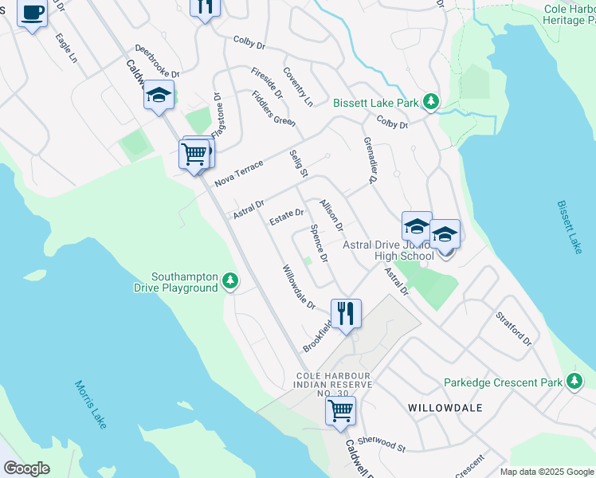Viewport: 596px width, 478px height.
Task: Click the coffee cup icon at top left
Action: tap(32, 14)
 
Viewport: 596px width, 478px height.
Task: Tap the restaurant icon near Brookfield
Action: tap(346, 312)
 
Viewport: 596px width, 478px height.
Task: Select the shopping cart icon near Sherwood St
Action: tap(340, 410)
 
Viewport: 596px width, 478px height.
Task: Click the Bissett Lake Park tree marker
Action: tap(431, 102)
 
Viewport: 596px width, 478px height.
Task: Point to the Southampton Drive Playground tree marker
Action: tap(230, 280)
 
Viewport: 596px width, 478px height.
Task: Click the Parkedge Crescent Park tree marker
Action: tap(574, 382)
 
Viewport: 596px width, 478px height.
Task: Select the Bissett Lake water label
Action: tap(570, 227)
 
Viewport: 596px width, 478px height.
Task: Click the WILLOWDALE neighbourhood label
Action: tap(445, 407)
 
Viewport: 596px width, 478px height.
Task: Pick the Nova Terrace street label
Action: tap(238, 173)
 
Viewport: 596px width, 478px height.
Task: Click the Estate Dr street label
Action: tap(287, 217)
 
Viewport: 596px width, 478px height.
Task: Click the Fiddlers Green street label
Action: tap(273, 108)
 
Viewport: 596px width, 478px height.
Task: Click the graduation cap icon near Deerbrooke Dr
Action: tap(159, 95)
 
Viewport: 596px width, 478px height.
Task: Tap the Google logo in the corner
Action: tap(26, 468)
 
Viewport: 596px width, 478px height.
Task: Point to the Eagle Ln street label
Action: tap(66, 48)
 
